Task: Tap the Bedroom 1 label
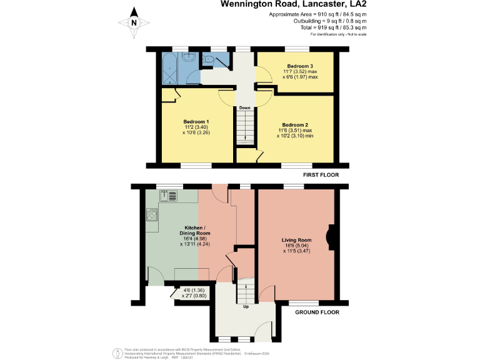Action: tap(196, 121)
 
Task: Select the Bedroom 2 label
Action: tap(294, 124)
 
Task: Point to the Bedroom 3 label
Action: tap(300, 66)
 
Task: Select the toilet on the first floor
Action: tap(209, 60)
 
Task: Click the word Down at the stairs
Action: tap(244, 107)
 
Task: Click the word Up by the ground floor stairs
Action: tap(246, 306)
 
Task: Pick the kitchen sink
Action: tap(169, 196)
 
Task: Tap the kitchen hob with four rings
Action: tap(151, 216)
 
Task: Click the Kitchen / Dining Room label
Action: tap(197, 230)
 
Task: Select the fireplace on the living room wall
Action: tap(331, 237)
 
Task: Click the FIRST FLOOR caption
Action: tap(321, 175)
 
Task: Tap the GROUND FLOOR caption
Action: tap(316, 311)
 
